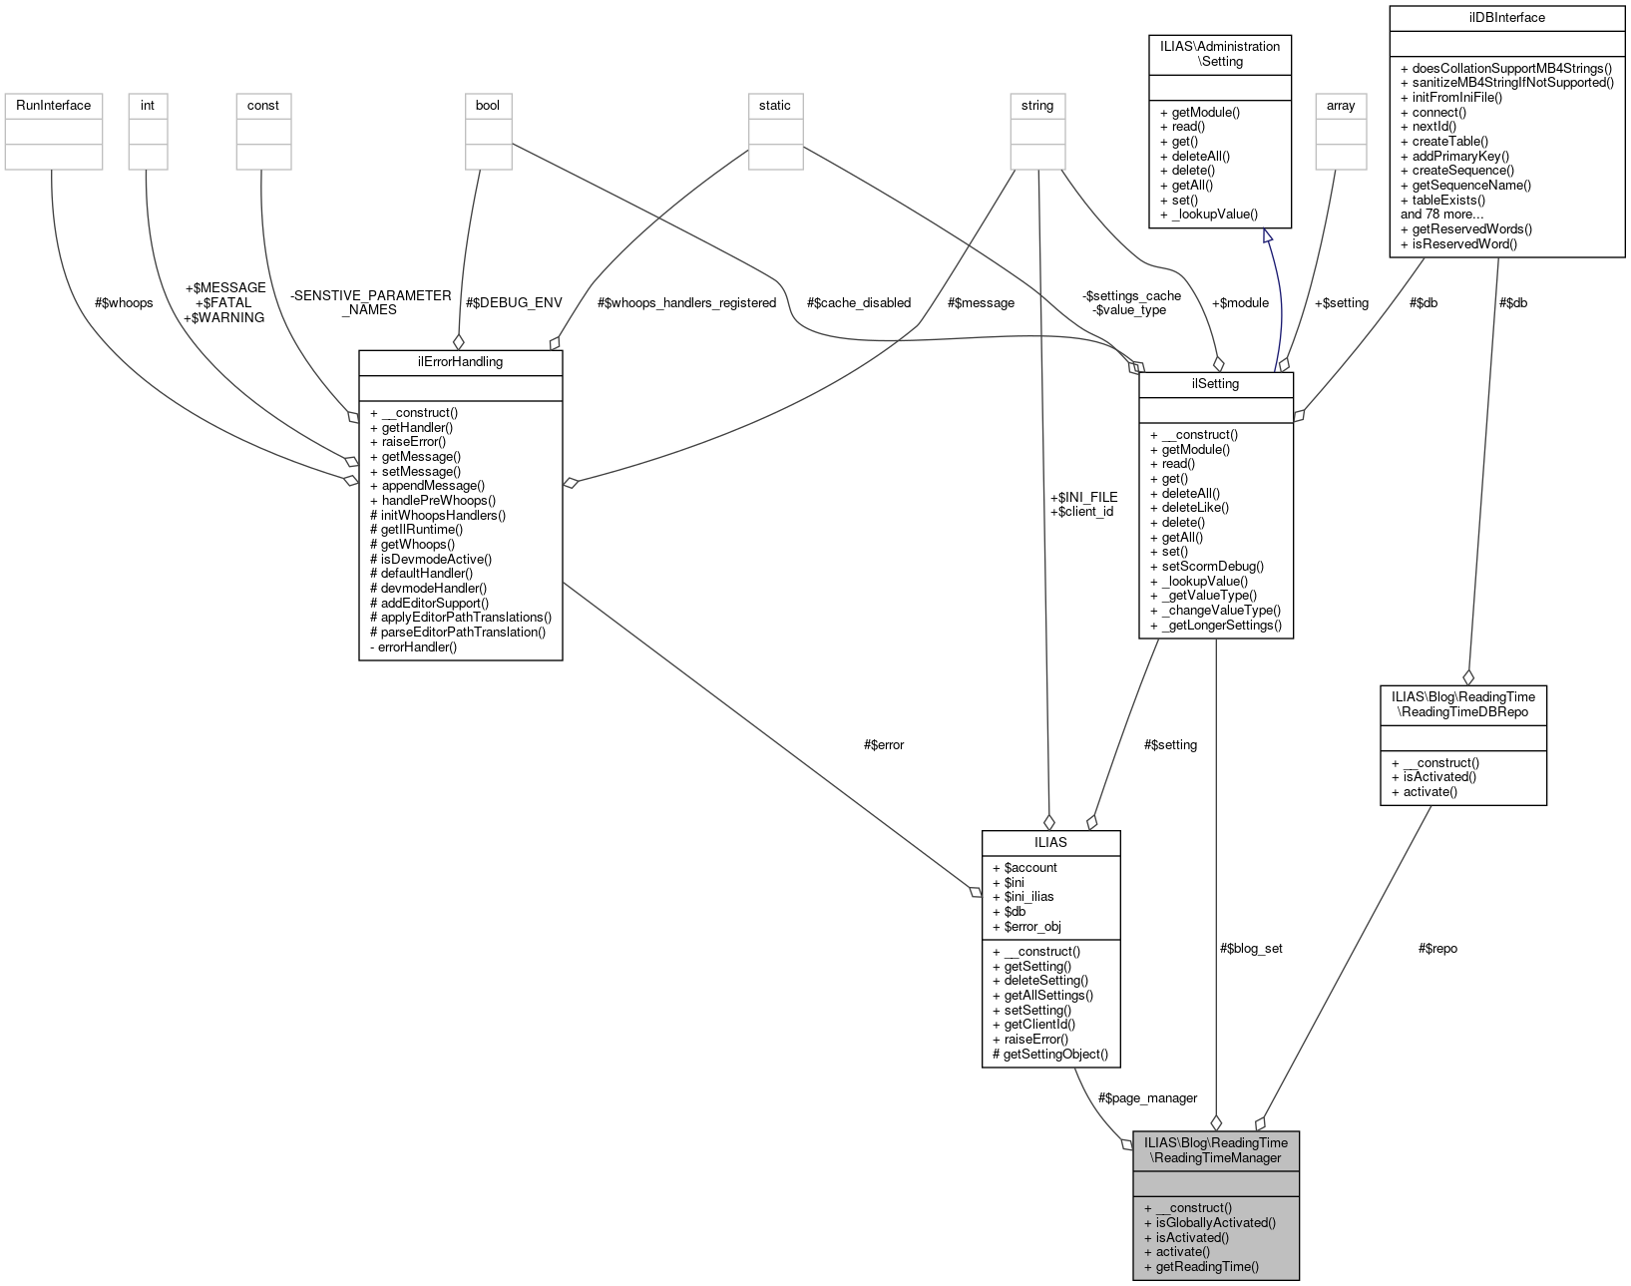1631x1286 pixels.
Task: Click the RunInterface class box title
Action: click(53, 105)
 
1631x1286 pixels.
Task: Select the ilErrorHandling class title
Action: click(460, 361)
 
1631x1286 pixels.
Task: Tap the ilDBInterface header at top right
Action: click(1506, 17)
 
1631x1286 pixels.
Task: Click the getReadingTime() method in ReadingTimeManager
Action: click(1206, 1266)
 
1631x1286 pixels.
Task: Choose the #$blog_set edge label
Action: click(1251, 948)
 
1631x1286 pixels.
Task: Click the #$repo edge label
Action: click(1436, 948)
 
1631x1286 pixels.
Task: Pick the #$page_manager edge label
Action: click(1147, 1097)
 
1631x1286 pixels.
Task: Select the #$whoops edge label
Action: click(124, 302)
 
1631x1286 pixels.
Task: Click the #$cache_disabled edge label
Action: click(858, 302)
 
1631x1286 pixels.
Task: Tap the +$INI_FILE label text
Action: click(1083, 496)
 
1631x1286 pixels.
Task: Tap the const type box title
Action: click(263, 105)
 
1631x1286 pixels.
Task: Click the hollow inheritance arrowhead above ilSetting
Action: click(1268, 235)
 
